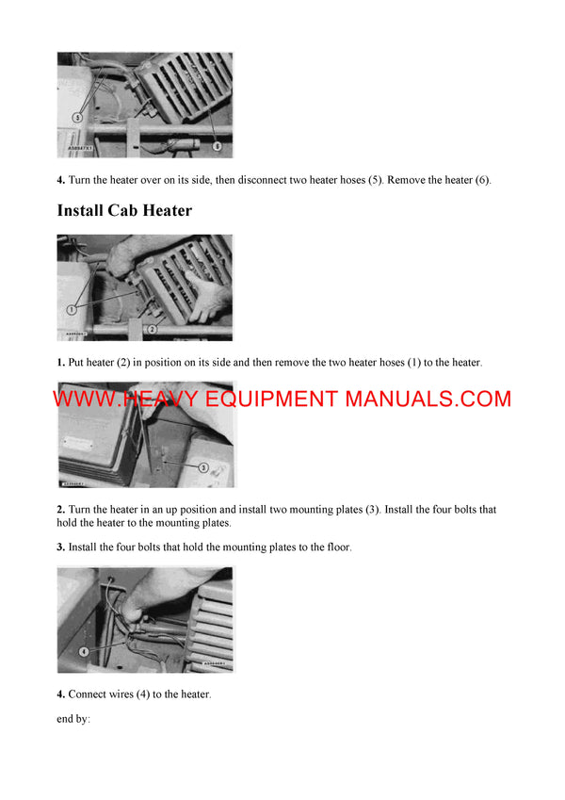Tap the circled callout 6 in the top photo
pos(218,146)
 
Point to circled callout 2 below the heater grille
pos(152,330)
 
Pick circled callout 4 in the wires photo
pos(83,650)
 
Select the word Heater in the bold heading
pos(167,210)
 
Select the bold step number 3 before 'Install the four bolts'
pos(60,547)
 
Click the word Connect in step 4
pos(89,694)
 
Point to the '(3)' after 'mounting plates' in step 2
pos(371,510)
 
